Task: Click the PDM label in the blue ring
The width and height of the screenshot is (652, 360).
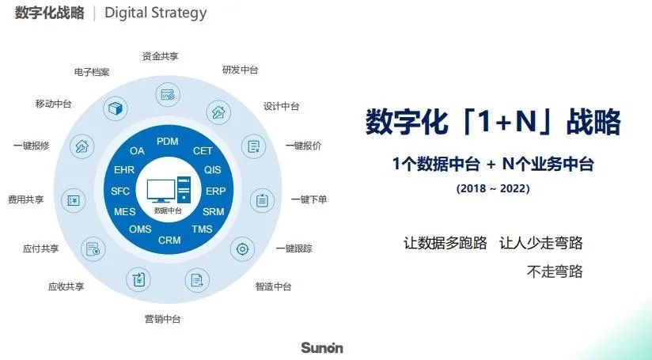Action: coord(168,142)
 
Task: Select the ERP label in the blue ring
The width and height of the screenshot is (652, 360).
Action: coord(216,191)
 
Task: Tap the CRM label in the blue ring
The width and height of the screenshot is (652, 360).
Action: coord(169,241)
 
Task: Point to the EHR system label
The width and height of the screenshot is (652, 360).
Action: coord(124,169)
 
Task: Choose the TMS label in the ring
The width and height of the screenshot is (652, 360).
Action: coord(202,229)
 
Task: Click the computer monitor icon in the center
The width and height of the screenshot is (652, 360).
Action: coord(161,191)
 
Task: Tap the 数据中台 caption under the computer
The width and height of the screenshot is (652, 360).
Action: coord(168,210)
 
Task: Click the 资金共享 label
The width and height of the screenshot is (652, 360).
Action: coord(160,56)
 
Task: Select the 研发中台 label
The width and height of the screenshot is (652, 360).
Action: coord(241,70)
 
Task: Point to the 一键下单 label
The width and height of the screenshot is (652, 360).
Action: coord(309,199)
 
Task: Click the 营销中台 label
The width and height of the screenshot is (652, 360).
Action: coord(162,320)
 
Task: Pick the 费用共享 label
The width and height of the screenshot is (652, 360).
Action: coord(26,199)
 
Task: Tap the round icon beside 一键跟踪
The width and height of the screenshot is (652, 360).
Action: coord(242,249)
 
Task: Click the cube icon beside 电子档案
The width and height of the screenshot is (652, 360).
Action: coord(116,109)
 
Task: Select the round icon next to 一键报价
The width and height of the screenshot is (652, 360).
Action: coord(254,146)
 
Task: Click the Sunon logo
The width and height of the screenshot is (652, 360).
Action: coord(322,347)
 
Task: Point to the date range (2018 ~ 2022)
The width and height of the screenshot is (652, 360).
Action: coord(493,188)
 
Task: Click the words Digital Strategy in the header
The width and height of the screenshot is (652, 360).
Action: coord(156,13)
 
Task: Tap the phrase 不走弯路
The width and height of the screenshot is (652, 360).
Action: coord(555,271)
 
